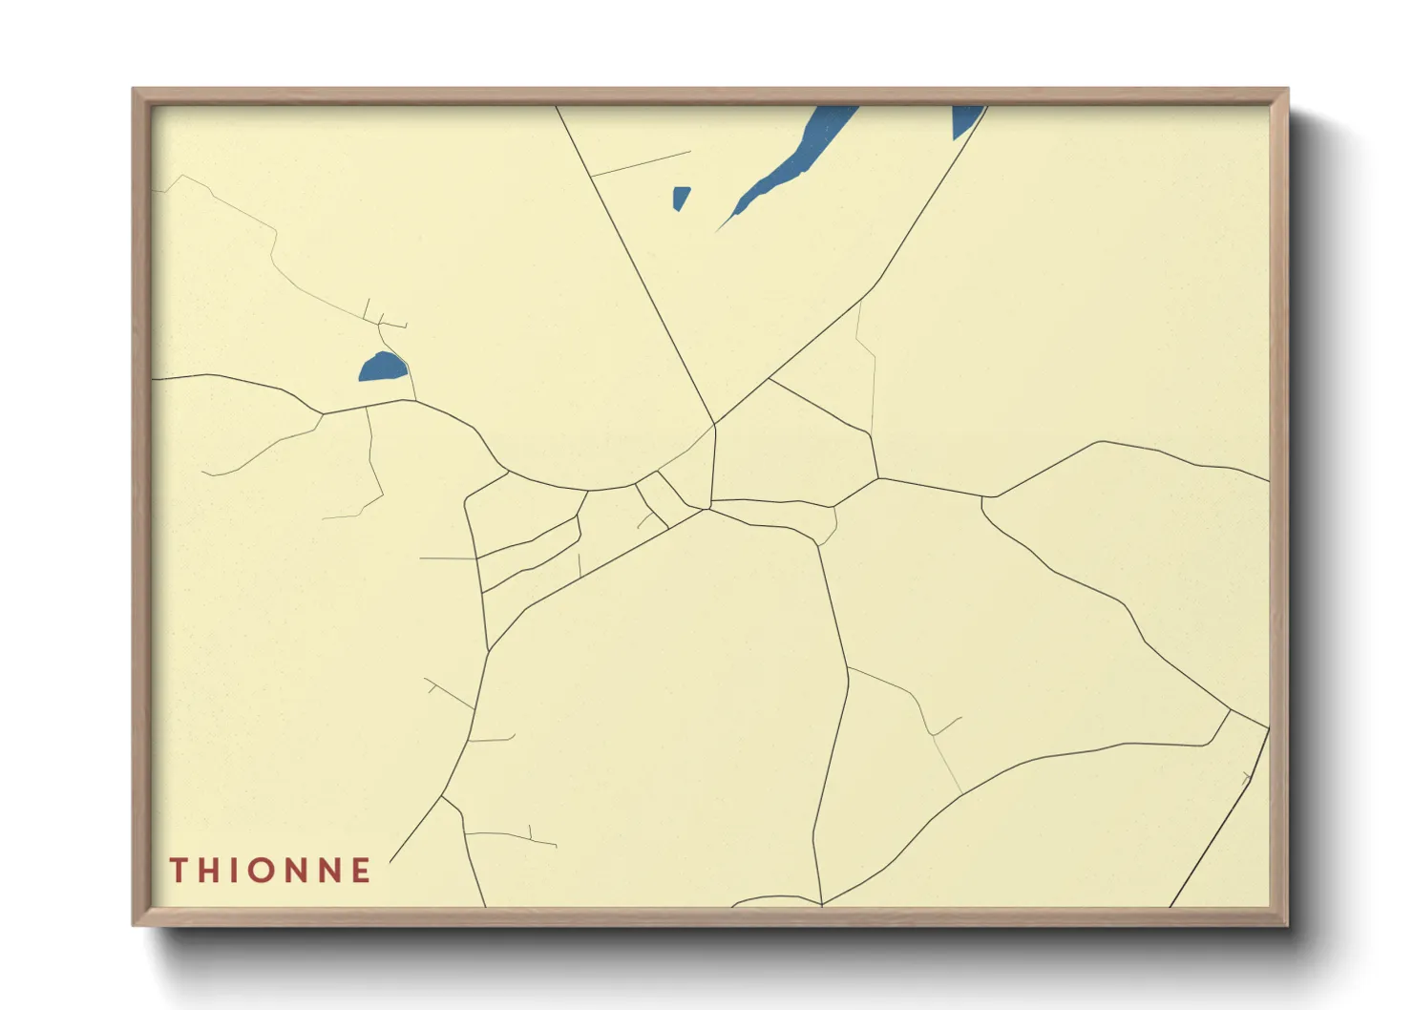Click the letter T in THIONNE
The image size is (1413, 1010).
point(179,871)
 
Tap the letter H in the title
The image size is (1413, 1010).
point(211,871)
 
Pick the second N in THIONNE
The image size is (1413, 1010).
point(333,871)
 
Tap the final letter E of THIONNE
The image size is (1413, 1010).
point(362,871)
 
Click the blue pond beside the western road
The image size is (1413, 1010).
point(383,368)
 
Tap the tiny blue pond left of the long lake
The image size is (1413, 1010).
point(680,198)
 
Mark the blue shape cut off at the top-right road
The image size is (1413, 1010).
point(965,118)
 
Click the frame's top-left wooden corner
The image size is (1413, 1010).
point(139,95)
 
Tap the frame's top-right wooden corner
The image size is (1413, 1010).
point(1281,95)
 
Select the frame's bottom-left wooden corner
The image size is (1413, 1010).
point(139,918)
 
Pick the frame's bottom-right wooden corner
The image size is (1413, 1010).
point(1281,918)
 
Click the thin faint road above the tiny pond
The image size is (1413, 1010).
point(641,164)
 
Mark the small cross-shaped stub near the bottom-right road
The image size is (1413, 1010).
point(1246,778)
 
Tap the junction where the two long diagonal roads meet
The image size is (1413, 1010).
point(714,424)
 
